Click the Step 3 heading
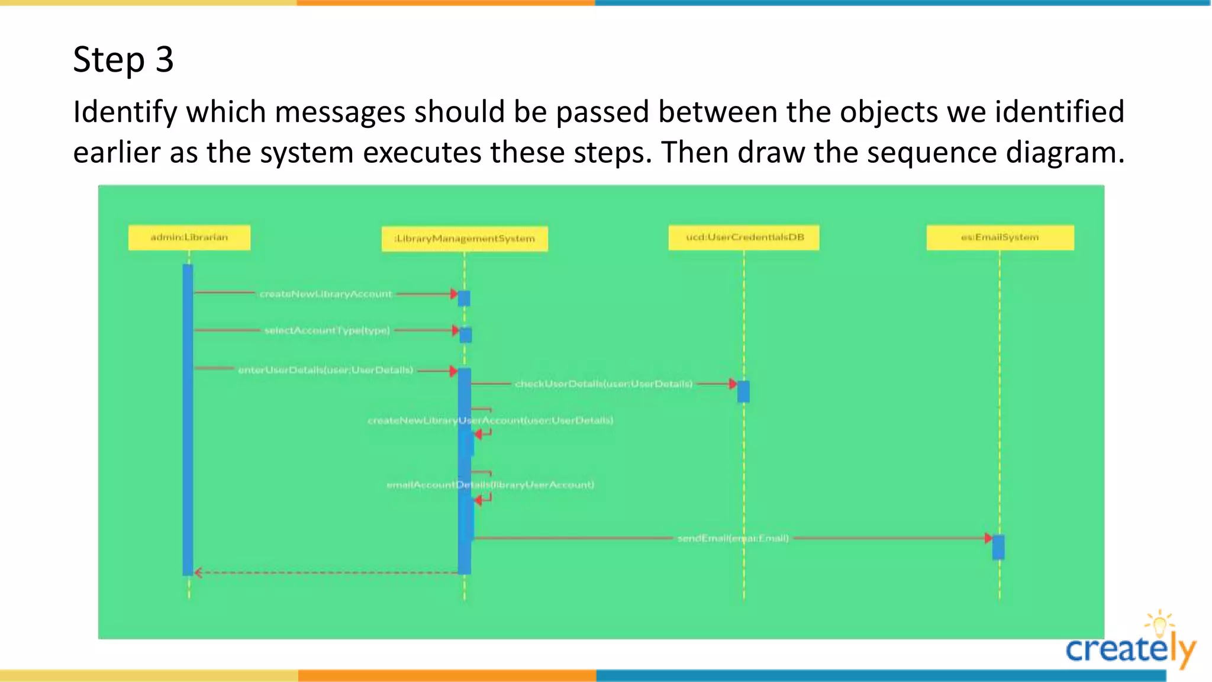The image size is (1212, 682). (123, 59)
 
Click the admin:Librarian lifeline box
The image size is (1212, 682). (189, 237)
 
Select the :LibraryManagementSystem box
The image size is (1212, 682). (465, 239)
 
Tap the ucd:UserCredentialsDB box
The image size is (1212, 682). (744, 237)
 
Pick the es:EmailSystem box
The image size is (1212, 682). (1000, 237)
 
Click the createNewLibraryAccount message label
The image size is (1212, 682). (325, 294)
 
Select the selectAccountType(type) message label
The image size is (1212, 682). (327, 330)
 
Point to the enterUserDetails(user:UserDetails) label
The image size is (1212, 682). (325, 370)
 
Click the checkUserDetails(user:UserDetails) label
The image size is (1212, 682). (603, 384)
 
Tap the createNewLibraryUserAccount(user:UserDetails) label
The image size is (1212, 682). (490, 420)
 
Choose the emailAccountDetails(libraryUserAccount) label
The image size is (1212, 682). (490, 485)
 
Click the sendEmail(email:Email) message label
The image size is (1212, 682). (733, 538)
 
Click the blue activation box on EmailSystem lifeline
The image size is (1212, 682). (998, 547)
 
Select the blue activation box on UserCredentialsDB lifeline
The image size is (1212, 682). (743, 391)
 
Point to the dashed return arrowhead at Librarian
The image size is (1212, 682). (198, 572)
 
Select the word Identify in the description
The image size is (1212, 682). (125, 112)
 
